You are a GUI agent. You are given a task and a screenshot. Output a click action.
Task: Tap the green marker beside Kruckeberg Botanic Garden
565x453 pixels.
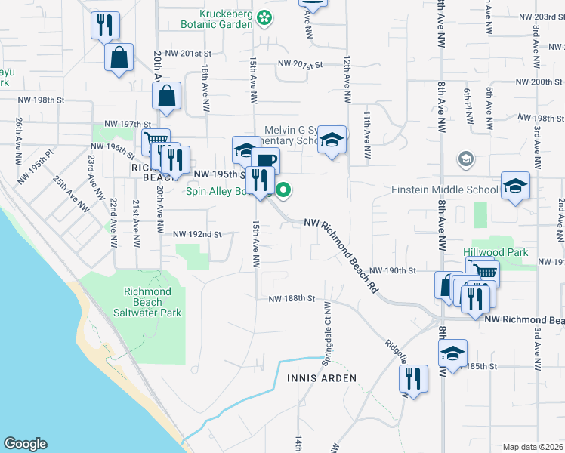coord(264,16)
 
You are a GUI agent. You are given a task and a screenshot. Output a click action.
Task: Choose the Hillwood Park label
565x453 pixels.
coord(496,251)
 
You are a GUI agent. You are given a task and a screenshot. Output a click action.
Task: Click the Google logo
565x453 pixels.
coord(25,444)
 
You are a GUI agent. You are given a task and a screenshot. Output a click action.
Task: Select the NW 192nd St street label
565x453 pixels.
coord(196,234)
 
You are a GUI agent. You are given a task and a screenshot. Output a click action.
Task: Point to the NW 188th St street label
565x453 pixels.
coord(292,298)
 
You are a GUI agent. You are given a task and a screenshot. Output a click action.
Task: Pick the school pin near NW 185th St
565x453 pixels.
coord(452,353)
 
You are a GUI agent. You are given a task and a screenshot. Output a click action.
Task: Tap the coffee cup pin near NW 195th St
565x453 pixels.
coord(266,160)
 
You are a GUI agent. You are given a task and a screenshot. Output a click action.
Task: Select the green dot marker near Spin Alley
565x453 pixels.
coord(284,190)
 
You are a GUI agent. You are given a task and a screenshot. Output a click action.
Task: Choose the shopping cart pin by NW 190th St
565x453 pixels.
coord(483,271)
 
